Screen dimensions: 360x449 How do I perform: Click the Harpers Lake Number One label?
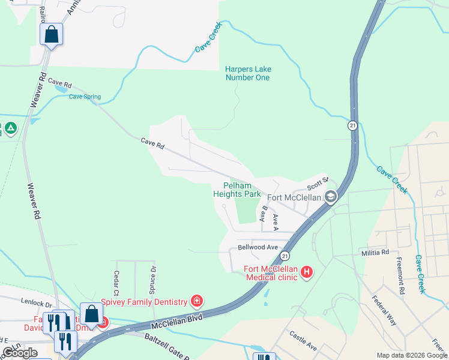pos(247,73)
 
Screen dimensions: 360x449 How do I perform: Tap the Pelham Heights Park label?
pos(237,190)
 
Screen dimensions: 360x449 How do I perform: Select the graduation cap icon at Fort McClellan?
pos(330,197)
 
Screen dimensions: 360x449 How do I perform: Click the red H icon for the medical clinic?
pos(307,272)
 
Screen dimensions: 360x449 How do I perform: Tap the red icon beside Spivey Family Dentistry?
pos(196,301)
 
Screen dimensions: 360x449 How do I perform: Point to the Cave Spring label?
pos(85,97)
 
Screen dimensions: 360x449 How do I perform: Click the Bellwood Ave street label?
pos(258,247)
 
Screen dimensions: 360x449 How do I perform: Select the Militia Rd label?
pos(375,253)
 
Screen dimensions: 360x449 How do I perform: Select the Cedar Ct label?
pos(116,278)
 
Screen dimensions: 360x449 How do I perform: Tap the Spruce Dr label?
pos(153,276)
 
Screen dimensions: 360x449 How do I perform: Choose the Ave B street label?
pos(262,214)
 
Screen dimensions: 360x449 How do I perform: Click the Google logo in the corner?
pos(20,353)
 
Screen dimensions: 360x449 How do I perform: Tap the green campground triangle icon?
pos(11,128)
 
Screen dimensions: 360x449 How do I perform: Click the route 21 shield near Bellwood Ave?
pos(283,256)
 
